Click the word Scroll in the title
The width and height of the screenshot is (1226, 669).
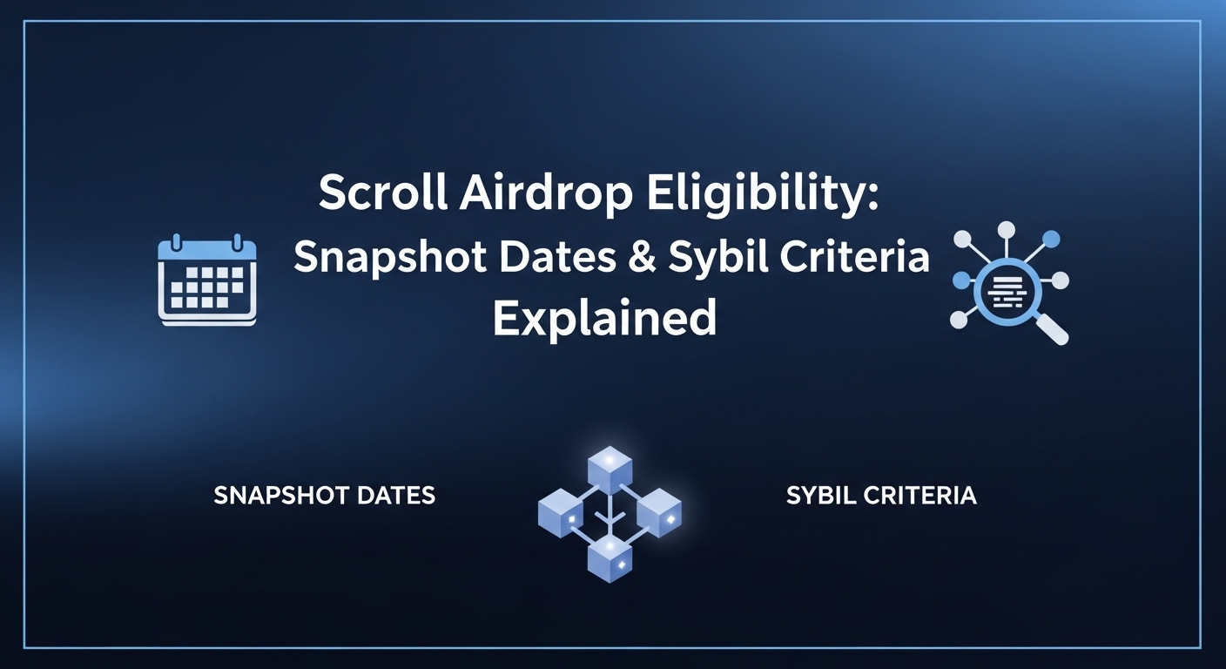point(376,193)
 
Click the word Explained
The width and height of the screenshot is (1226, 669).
point(604,318)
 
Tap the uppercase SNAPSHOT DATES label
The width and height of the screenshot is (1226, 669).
point(324,496)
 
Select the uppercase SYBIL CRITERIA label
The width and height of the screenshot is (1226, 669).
point(880,496)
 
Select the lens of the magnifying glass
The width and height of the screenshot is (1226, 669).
point(1007,289)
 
